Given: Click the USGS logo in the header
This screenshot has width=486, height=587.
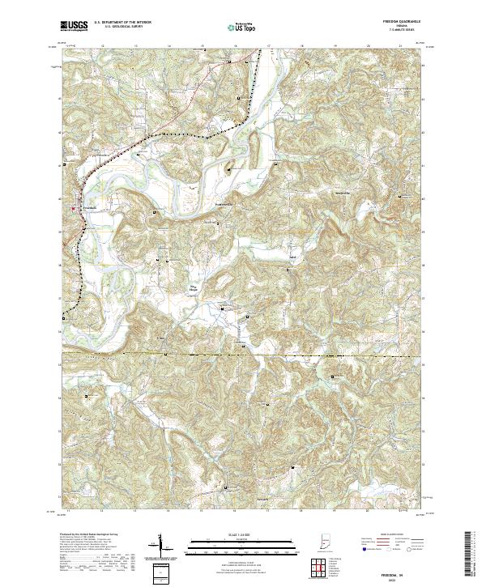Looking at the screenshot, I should tap(75, 26).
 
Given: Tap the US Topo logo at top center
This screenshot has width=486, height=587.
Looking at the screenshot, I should tap(241, 27).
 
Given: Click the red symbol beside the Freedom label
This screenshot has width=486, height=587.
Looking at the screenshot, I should tap(75, 208).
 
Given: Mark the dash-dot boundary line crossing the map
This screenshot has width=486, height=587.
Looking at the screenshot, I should tap(324, 355).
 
